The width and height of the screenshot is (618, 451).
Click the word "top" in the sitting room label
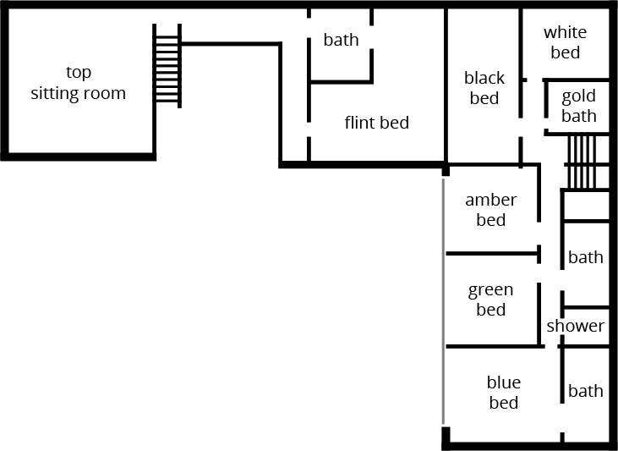[x=79, y=73]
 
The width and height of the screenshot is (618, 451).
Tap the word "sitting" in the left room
[x=57, y=94]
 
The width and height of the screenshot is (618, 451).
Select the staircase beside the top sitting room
[x=167, y=65]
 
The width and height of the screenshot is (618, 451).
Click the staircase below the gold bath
[x=581, y=162]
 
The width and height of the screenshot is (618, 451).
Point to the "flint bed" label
[x=376, y=123]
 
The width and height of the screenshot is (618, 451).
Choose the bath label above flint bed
[x=341, y=40]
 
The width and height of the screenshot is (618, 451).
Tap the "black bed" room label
[x=484, y=88]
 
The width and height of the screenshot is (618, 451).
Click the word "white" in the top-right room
[x=565, y=33]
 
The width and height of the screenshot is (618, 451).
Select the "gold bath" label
[x=578, y=106]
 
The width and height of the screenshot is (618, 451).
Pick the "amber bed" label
[x=490, y=210]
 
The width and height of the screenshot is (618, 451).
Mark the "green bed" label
[x=490, y=300]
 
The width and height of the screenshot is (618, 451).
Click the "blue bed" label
[x=504, y=393]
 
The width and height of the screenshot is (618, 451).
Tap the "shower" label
[x=575, y=326]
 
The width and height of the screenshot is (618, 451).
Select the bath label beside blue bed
[x=585, y=391]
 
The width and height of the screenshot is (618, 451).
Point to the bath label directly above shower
[x=585, y=257]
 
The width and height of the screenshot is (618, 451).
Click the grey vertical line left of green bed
[x=443, y=300]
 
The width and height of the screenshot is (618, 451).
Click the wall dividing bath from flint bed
[x=341, y=82]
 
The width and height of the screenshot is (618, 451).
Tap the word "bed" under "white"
[x=565, y=52]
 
